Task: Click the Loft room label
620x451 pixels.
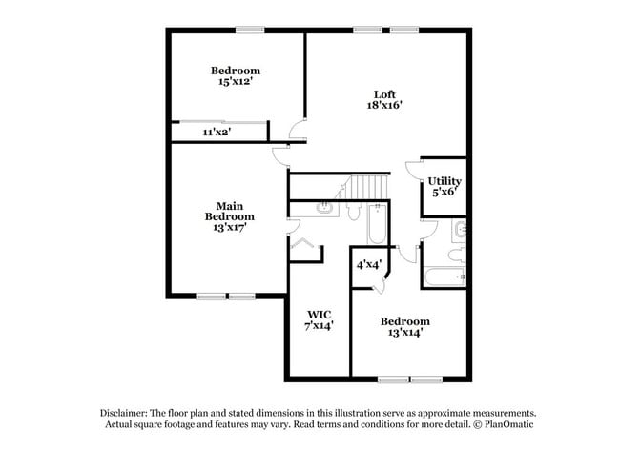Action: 384,93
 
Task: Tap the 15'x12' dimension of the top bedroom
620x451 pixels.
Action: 236,82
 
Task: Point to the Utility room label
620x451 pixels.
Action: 444,180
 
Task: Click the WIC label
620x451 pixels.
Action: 319,314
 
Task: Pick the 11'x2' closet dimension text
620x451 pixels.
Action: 215,133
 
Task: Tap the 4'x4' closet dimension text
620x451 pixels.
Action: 369,264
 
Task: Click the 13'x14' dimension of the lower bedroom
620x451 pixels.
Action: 404,334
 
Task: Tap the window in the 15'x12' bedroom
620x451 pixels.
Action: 251,30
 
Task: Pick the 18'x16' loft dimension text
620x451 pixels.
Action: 384,106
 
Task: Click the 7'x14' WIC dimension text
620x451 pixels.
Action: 319,326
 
